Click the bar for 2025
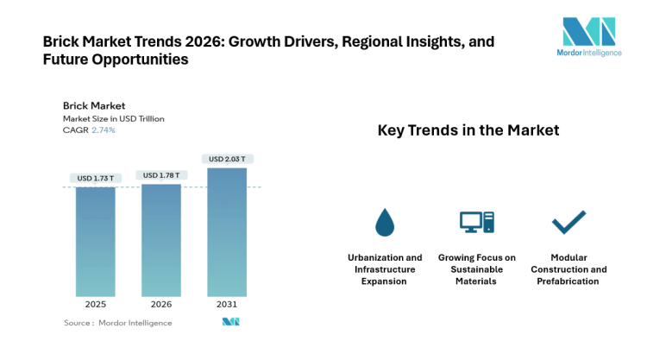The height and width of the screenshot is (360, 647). (95, 242)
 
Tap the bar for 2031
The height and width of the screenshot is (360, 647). (227, 232)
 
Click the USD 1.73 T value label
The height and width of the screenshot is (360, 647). (95, 179)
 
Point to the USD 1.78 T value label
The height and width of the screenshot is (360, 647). (161, 175)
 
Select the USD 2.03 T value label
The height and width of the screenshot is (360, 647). (227, 159)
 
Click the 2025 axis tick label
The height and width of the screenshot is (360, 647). (95, 304)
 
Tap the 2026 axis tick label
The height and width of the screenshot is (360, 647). (161, 304)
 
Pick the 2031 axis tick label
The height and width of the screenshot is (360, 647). (227, 304)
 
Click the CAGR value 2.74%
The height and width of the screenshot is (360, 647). (104, 129)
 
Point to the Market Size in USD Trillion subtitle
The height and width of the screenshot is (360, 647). (113, 118)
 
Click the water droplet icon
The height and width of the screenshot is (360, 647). (385, 223)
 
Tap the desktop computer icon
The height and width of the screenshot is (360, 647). (476, 223)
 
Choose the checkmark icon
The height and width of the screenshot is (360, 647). (568, 222)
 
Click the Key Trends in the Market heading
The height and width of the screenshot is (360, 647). (468, 130)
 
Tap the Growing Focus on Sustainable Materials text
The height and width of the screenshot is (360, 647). (476, 269)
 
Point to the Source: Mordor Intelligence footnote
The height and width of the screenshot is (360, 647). (118, 323)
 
